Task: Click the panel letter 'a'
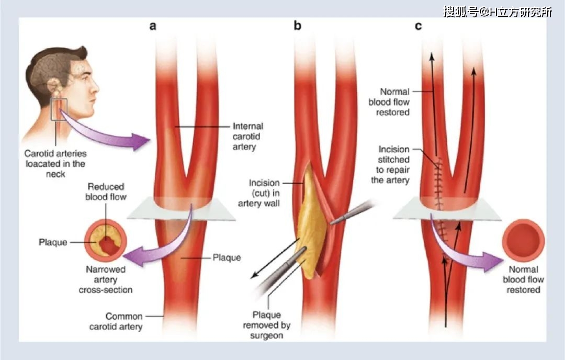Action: pos(153,26)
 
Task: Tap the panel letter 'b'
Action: pos(297,26)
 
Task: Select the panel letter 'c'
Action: pos(418,26)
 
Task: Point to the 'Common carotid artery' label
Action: pos(124,322)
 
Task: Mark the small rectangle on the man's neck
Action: pos(59,109)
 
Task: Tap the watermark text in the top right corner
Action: pos(497,12)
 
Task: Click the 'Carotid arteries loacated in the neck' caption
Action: pos(55,163)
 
